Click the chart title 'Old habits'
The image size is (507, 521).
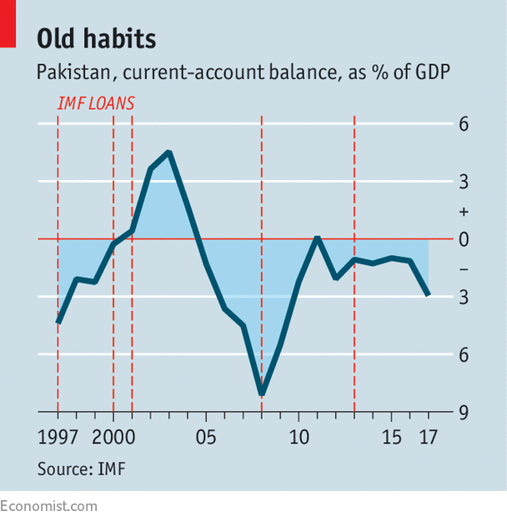(x=96, y=39)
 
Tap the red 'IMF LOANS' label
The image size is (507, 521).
(x=96, y=105)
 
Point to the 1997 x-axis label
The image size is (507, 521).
(x=58, y=437)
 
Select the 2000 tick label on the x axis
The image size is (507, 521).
(x=113, y=437)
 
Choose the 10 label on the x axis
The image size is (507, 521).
(x=299, y=437)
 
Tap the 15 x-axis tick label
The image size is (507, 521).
(x=392, y=437)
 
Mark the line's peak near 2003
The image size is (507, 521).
(x=169, y=153)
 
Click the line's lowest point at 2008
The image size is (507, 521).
(x=262, y=393)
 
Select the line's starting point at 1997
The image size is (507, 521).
(x=58, y=322)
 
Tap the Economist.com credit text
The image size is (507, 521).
(x=48, y=506)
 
